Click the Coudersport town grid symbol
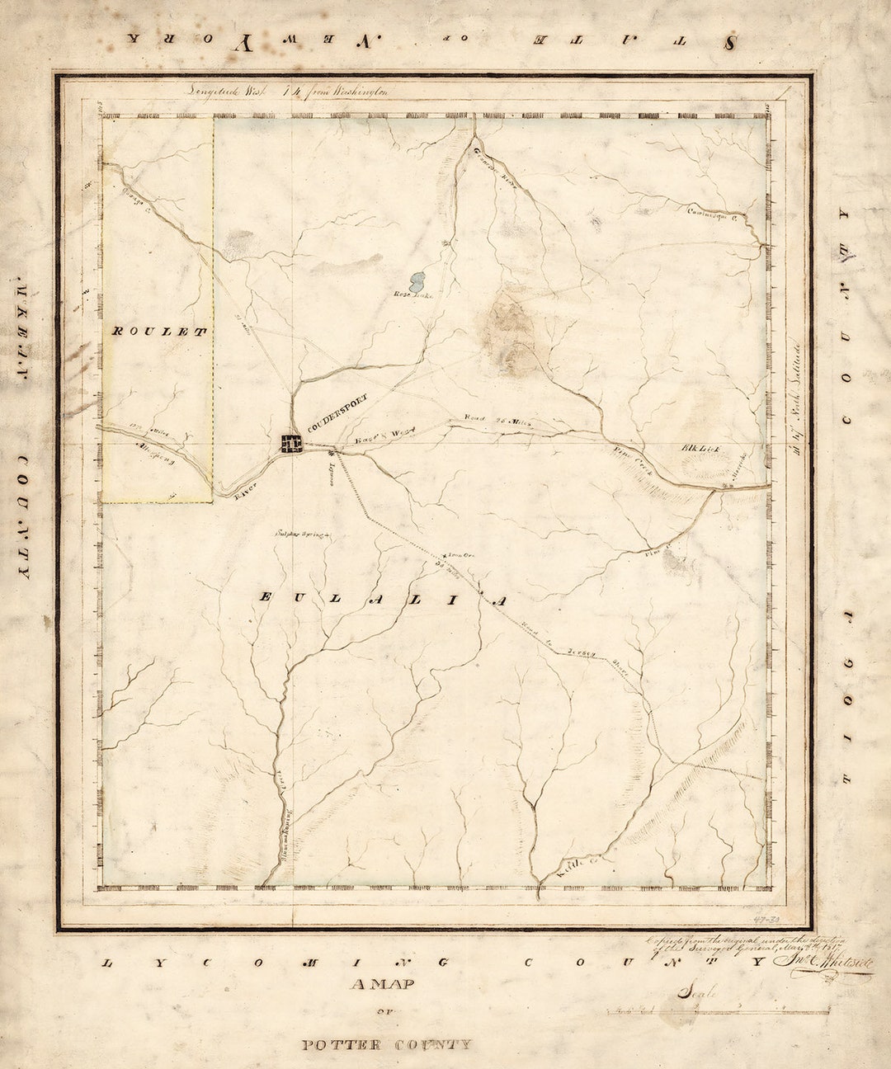291,443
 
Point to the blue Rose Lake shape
417,281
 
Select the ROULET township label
157,331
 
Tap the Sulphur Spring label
302,534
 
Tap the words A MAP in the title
382,984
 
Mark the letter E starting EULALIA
266,596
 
